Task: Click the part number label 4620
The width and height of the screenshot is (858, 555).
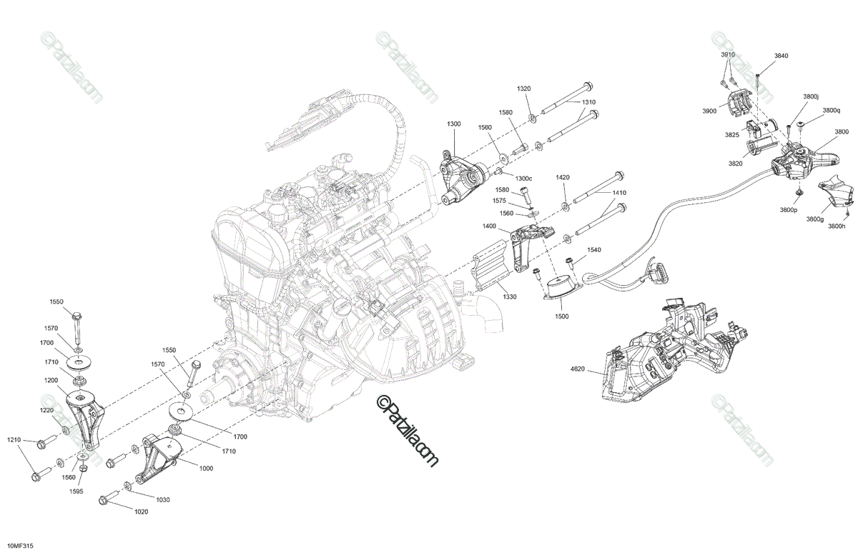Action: click(578, 369)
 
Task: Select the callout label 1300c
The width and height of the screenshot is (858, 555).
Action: click(523, 178)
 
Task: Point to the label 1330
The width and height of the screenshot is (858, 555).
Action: click(509, 296)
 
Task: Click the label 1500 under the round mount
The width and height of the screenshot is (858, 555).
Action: click(562, 315)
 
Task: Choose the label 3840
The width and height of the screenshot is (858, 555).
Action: click(781, 56)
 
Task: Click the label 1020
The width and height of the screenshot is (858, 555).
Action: click(141, 511)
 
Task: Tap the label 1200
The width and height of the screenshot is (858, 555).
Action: click(49, 381)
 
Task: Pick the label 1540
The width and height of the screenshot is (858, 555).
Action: click(595, 250)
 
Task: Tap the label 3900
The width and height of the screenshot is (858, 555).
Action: click(709, 111)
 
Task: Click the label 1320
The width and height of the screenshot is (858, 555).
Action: click(524, 88)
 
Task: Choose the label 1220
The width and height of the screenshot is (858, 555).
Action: click(46, 411)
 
